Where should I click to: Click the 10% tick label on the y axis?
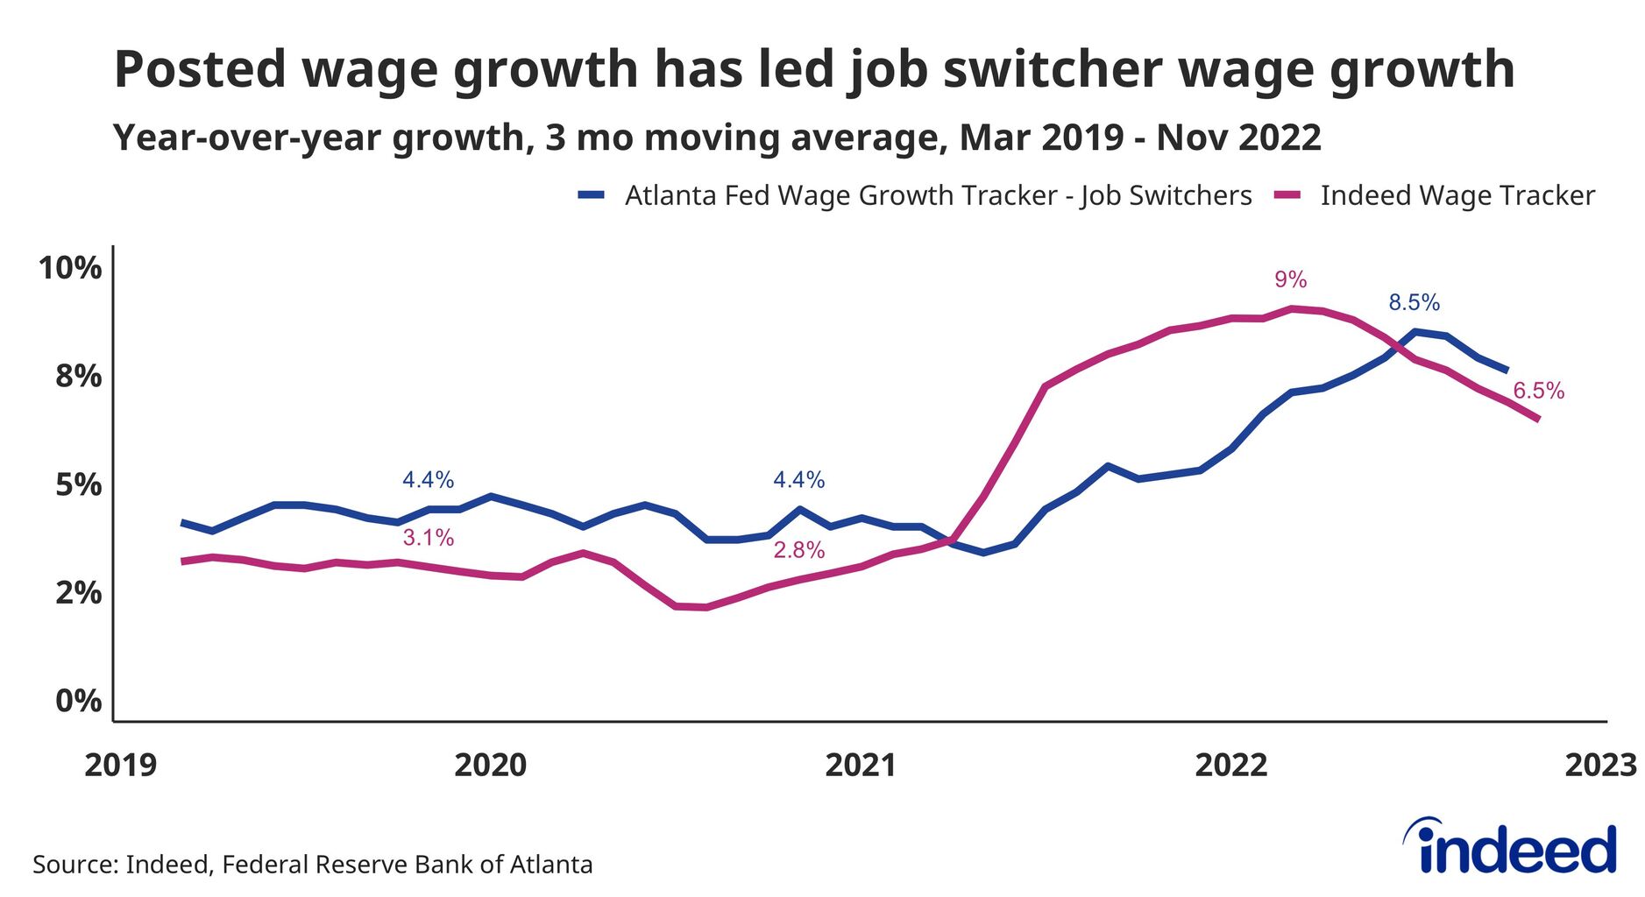pos(69,268)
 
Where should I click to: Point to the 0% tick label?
pos(78,701)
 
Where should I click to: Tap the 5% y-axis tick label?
pos(78,484)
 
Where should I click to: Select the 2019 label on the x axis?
pos(120,765)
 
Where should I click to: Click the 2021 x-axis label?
pos(861,765)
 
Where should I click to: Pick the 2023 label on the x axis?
pos(1600,765)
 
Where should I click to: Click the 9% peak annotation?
pos(1290,279)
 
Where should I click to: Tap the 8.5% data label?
pos(1414,303)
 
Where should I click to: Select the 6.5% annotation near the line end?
pos(1538,391)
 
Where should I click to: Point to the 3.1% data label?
pos(428,538)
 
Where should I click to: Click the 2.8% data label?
pos(798,550)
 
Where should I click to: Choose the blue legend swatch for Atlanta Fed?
pos(592,195)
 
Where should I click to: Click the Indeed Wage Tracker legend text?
pos(1457,195)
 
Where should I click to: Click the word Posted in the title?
pos(200,69)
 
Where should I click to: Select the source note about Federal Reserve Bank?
pos(312,865)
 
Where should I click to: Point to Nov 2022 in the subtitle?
pos(1238,138)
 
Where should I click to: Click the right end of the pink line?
pos(1538,420)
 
